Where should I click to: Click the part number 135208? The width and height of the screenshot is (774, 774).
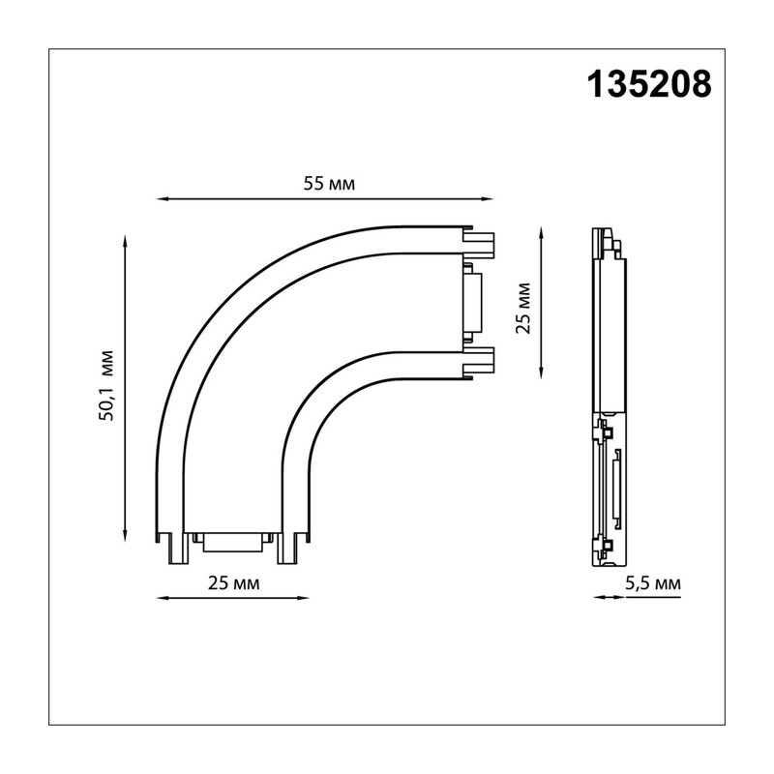(x=649, y=84)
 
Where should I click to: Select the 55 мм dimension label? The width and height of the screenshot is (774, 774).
(x=329, y=184)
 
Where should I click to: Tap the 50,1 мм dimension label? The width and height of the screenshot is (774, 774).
(x=106, y=385)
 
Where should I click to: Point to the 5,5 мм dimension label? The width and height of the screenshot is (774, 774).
(x=652, y=584)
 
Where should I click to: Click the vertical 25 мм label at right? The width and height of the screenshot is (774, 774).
(x=522, y=309)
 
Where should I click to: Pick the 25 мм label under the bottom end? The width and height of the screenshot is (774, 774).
(x=233, y=583)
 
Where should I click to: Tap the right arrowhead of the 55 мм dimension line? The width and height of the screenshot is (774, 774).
(x=488, y=199)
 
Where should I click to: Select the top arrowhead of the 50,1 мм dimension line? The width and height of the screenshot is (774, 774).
(x=126, y=241)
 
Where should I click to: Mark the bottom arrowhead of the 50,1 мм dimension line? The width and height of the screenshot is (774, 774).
(x=126, y=536)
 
